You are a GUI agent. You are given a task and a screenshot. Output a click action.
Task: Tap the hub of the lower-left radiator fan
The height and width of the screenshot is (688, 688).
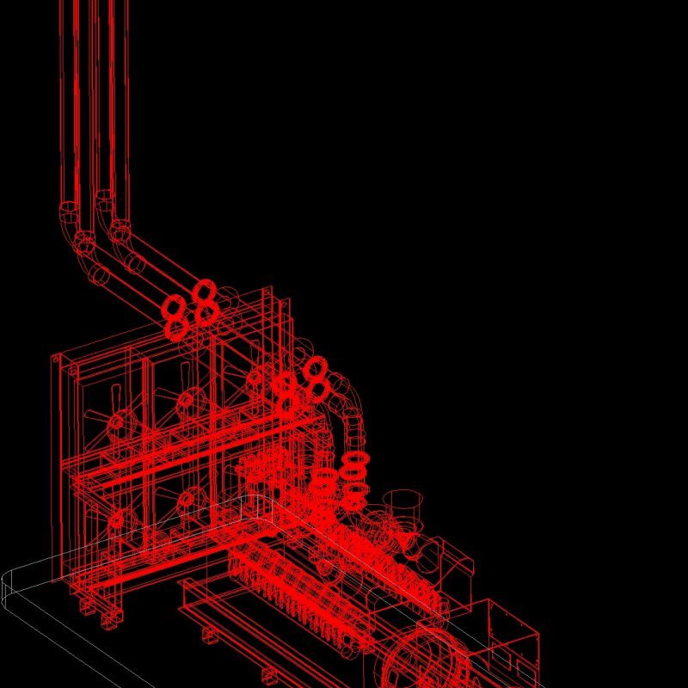coord(121,519)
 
